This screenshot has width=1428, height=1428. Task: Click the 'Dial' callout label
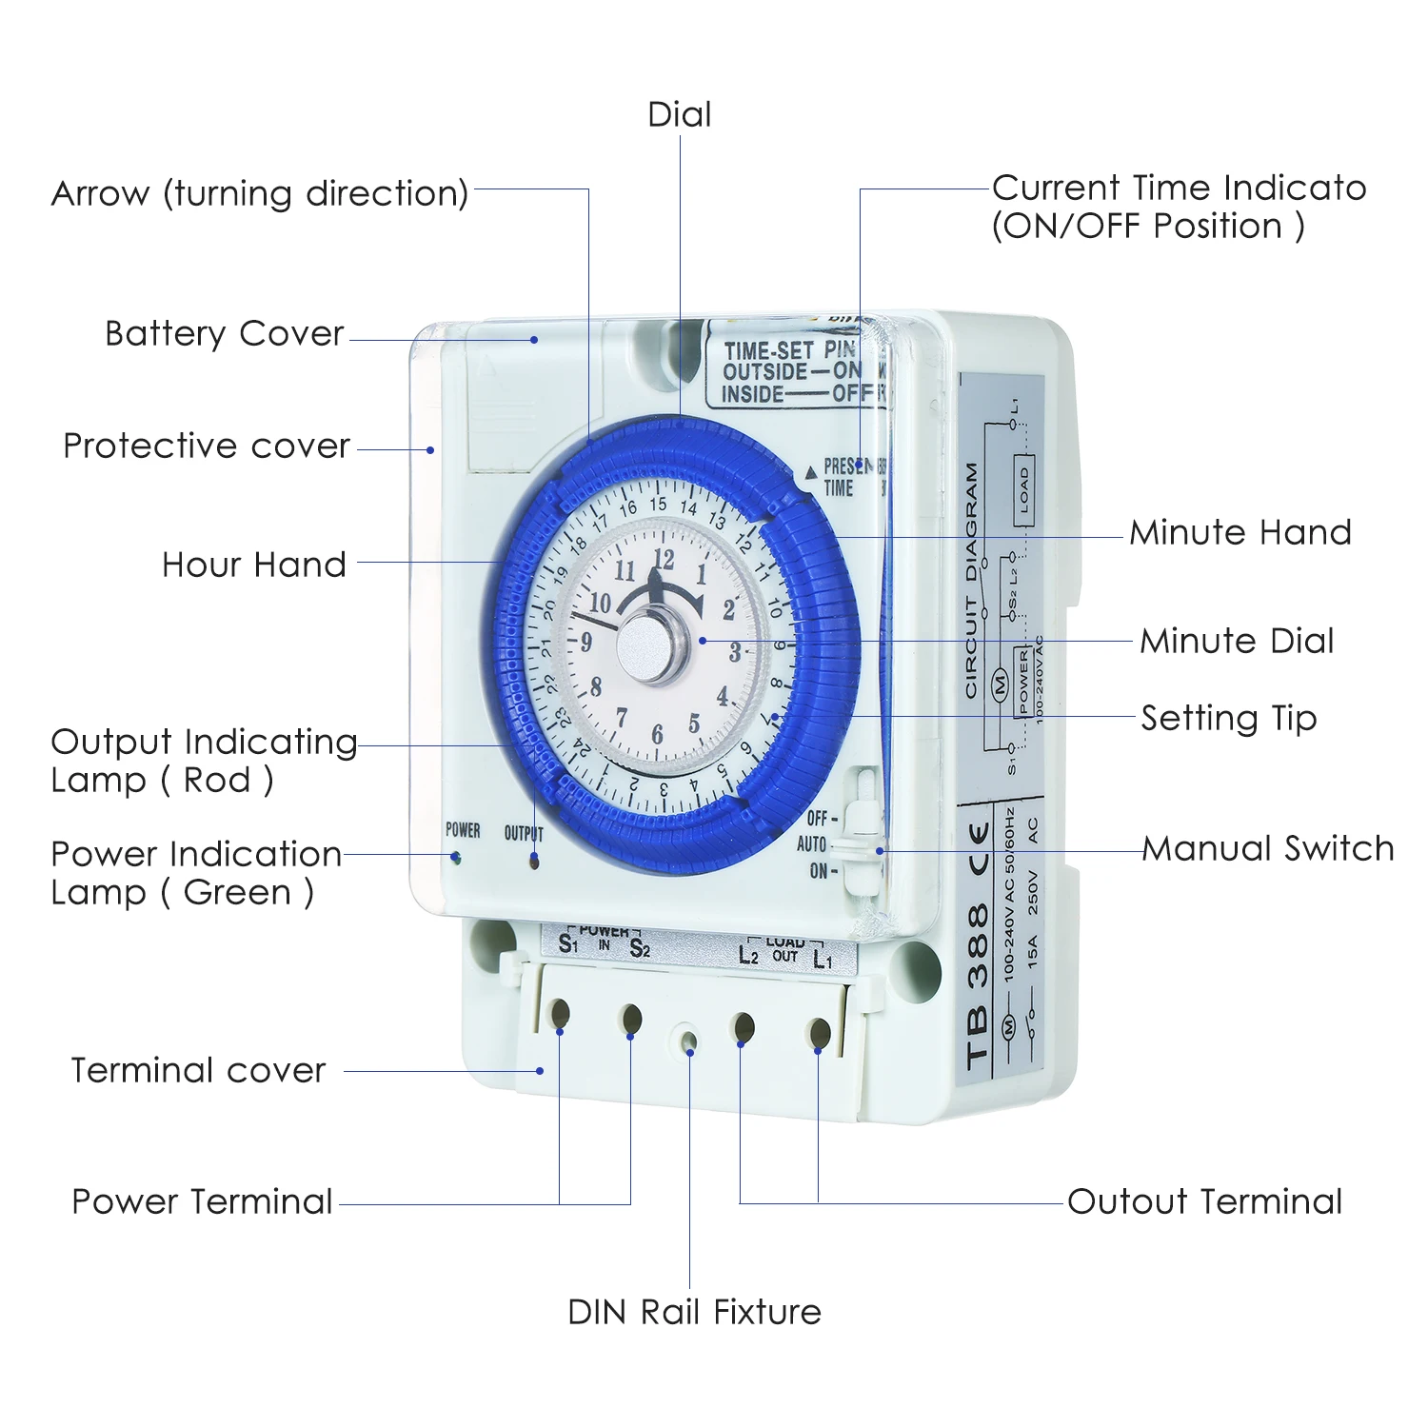(679, 115)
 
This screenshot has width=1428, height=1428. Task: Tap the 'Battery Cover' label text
(224, 334)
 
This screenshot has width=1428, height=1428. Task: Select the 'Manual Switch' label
(1267, 848)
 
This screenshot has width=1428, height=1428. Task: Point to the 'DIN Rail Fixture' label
(694, 1312)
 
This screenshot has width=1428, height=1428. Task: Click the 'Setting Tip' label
(1228, 718)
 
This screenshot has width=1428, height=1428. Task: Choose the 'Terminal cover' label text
(198, 1070)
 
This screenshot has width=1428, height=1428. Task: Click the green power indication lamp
(457, 859)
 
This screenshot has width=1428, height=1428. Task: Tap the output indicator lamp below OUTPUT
(534, 862)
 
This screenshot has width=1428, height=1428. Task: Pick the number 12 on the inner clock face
(664, 560)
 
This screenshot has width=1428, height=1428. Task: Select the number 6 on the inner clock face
(657, 734)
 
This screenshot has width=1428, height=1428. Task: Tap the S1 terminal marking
(568, 944)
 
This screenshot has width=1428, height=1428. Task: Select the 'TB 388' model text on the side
(978, 985)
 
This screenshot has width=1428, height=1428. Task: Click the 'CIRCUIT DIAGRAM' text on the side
(971, 581)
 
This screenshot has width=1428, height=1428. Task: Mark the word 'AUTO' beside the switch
(811, 844)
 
